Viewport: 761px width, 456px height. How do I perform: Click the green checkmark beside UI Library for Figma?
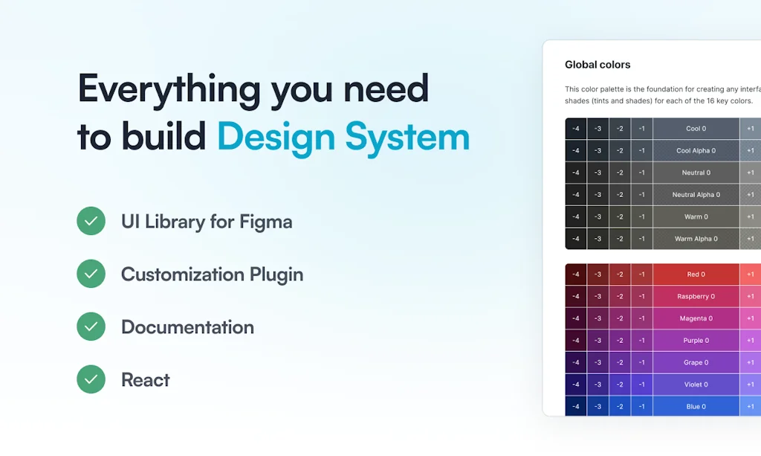91,221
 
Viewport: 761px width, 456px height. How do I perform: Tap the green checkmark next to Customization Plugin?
91,274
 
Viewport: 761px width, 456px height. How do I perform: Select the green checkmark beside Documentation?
91,327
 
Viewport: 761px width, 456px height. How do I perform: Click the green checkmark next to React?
91,379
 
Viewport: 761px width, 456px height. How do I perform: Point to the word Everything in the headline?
168,89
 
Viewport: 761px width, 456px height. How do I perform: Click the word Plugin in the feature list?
271,274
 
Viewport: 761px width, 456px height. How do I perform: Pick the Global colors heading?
598,65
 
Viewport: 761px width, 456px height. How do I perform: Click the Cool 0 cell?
696,129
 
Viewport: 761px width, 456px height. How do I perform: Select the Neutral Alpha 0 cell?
696,195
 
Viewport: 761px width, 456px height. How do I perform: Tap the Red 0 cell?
696,274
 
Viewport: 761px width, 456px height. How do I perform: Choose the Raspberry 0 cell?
696,296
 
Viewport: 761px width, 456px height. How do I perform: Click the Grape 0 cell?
696,362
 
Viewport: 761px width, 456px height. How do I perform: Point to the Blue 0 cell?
696,406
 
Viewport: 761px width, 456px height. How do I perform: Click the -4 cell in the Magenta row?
576,318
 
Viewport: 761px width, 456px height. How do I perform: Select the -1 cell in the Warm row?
641,216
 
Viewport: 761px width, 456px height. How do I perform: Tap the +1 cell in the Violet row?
751,385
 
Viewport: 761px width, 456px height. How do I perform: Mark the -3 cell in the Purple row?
598,340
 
